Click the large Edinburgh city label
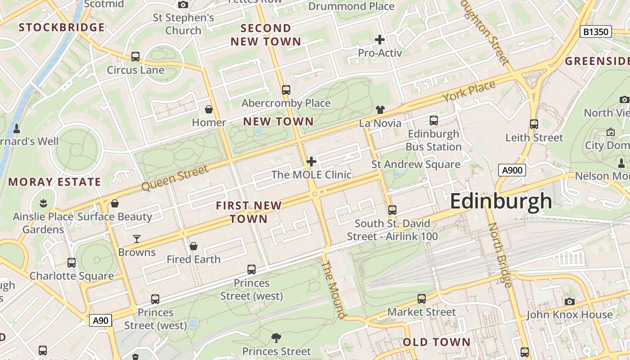coord(501,201)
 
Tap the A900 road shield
coord(512,170)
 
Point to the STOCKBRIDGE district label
coord(62,27)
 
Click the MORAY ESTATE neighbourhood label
coord(55,182)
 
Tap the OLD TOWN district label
coord(436,342)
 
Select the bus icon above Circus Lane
coord(135,57)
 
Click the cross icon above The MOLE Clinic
coord(311,162)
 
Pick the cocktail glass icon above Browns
coord(137,239)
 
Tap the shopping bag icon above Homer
coord(209,109)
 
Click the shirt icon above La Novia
coord(380,110)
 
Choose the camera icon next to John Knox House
coord(570,301)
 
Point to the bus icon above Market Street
coord(422,299)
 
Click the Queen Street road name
coord(175,178)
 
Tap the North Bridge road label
coord(500,255)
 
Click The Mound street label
coord(334,289)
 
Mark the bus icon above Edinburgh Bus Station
coord(434,121)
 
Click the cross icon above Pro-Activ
coord(380,40)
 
